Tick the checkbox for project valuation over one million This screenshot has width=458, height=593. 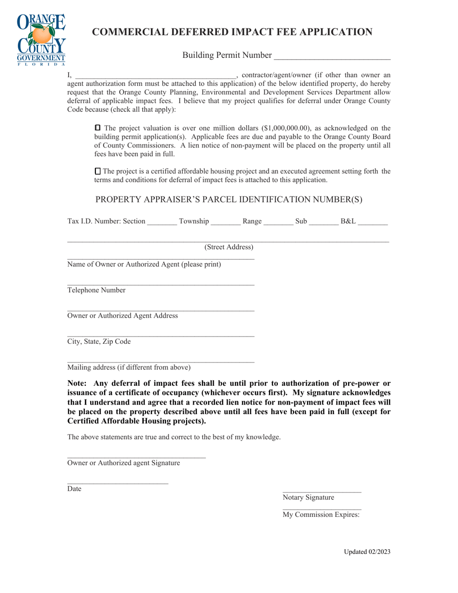click(98, 128)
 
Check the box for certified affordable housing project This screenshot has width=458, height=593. click(98, 171)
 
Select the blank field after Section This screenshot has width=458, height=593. click(162, 222)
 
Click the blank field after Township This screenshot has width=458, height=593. click(226, 222)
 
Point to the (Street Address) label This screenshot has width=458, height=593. click(229, 247)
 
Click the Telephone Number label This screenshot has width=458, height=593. click(96, 290)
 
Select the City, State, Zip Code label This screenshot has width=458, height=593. click(99, 342)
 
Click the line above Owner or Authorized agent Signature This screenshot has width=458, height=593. click(136, 456)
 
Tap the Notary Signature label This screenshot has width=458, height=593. click(308, 498)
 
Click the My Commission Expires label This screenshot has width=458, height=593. click(321, 514)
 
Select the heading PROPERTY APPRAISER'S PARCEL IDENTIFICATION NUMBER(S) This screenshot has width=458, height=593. click(229, 199)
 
